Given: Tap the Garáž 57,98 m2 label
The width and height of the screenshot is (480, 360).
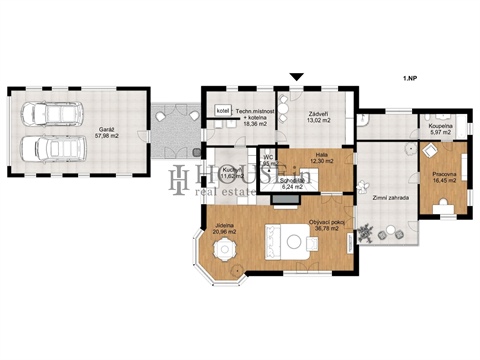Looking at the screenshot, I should (106, 133).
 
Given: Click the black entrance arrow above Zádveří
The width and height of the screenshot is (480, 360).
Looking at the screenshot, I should (295, 77).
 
